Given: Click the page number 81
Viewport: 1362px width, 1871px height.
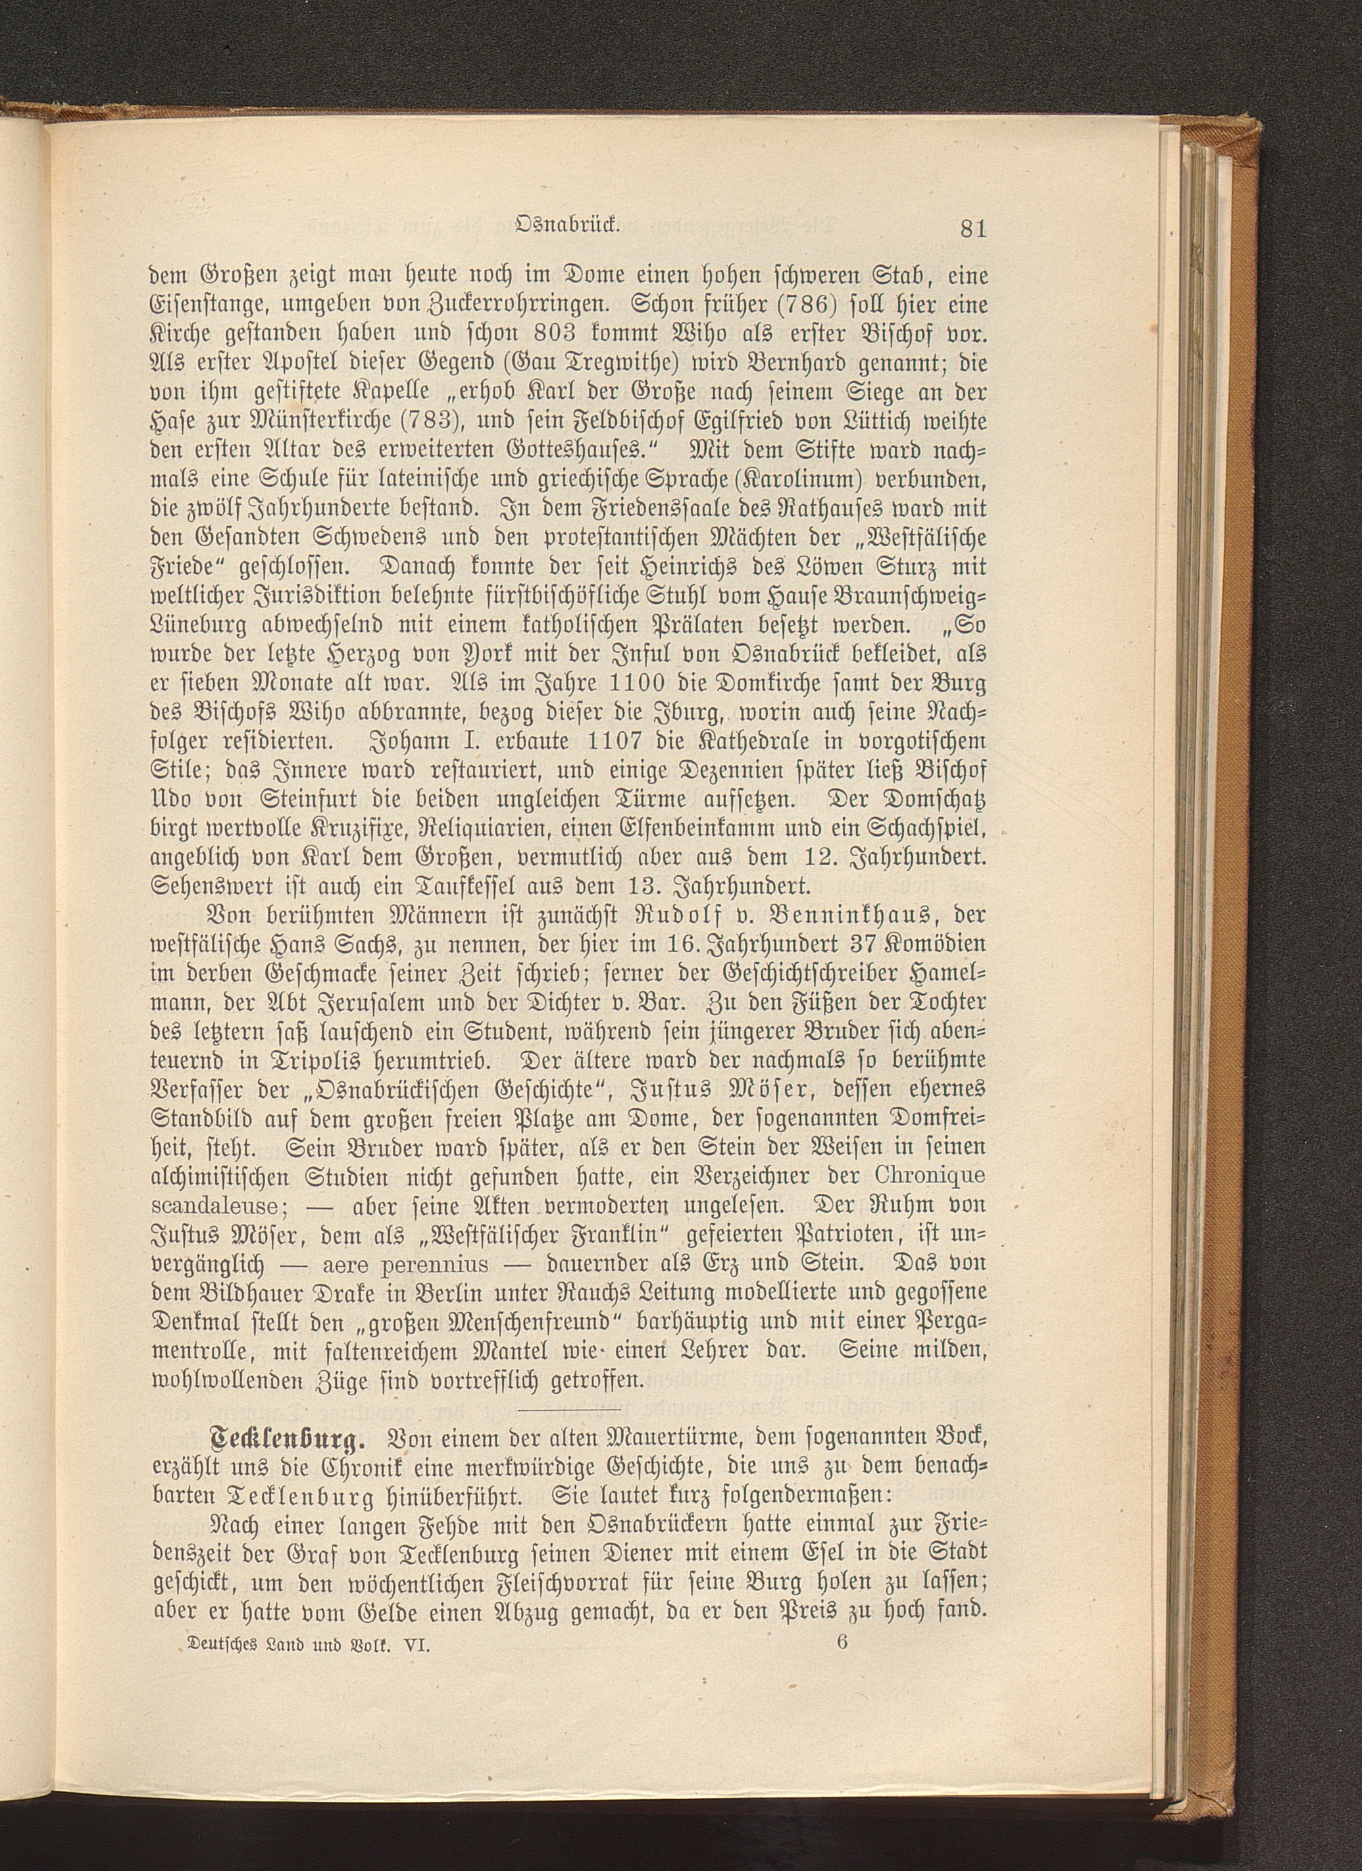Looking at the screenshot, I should click(x=972, y=228).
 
